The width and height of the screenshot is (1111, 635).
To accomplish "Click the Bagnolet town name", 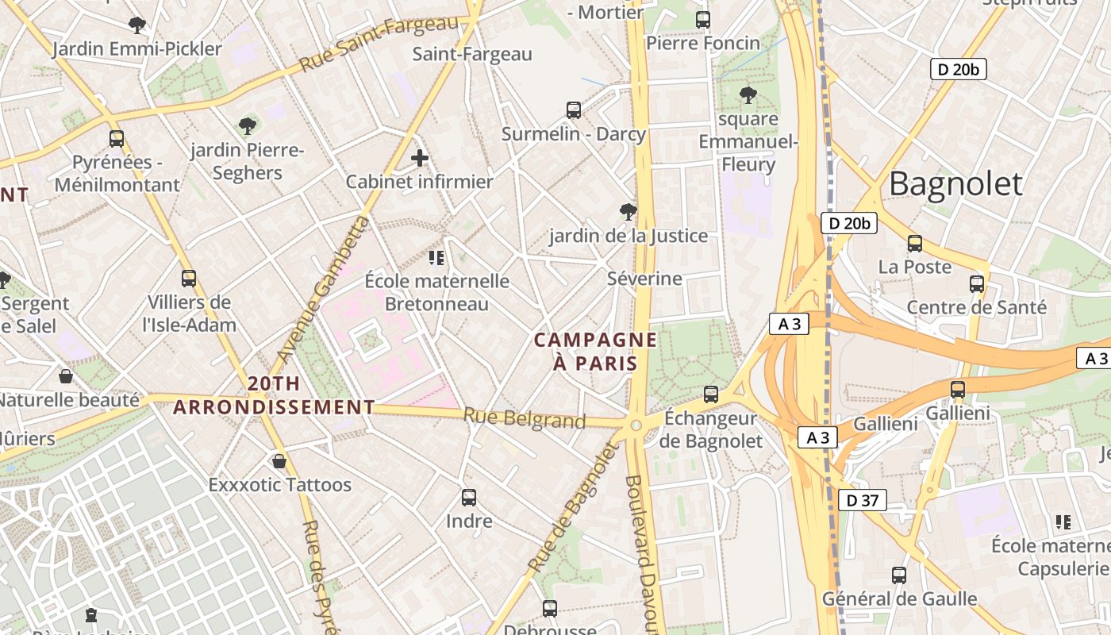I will pos(955,183).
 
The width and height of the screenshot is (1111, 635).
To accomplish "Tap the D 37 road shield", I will pos(862,500).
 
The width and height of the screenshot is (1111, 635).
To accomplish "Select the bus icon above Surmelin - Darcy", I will pos(573,110).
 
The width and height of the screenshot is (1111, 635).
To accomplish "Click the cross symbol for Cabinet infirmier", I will pos(420,158).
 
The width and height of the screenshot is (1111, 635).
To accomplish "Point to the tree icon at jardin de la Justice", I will pos(628,212).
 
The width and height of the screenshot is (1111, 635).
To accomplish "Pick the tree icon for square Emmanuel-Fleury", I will pos(748,96).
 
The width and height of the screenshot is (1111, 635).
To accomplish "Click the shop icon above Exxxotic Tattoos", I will pos(279,461).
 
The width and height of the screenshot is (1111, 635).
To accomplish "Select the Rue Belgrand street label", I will pos(524,418).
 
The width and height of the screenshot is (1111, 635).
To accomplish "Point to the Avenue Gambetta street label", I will pos(325,289).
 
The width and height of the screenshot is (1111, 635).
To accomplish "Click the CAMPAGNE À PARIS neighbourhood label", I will pos(595,352).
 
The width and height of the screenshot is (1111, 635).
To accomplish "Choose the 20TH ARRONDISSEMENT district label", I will pos(274,396).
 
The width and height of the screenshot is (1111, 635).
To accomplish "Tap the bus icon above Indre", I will pos(469,498).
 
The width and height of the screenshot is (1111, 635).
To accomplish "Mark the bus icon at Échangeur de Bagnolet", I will pos(711,394).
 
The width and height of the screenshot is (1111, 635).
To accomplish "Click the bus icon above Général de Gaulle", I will pos(898,575).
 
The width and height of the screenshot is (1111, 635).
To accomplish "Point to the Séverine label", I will pos(644,279).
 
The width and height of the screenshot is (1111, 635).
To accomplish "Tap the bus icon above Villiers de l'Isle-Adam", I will pos(188,279).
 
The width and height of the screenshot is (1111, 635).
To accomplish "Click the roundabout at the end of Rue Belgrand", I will pos(636,425).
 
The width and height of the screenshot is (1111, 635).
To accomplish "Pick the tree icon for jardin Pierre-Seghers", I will pos(248,126).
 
